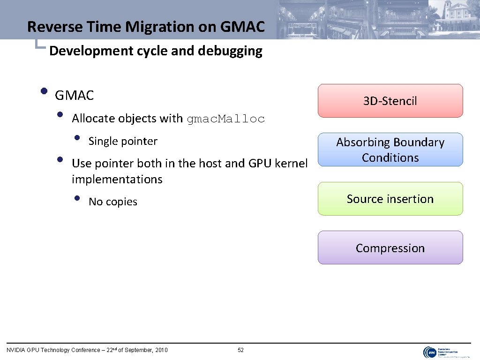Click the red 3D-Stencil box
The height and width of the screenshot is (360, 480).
pyautogui.click(x=390, y=101)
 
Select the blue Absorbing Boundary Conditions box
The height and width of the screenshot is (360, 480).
pyautogui.click(x=390, y=150)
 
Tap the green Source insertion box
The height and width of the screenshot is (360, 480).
pyautogui.click(x=390, y=199)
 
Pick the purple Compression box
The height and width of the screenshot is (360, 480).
pyautogui.click(x=390, y=248)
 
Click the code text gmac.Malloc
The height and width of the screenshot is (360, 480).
pyautogui.click(x=225, y=119)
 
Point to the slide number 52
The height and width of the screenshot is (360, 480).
pyautogui.click(x=241, y=350)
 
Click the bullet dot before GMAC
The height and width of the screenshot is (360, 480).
pyautogui.click(x=44, y=91)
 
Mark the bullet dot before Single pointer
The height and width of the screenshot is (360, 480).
pyautogui.click(x=77, y=138)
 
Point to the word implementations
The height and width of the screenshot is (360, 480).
pyautogui.click(x=117, y=179)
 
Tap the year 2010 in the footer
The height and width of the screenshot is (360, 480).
pyautogui.click(x=161, y=350)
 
